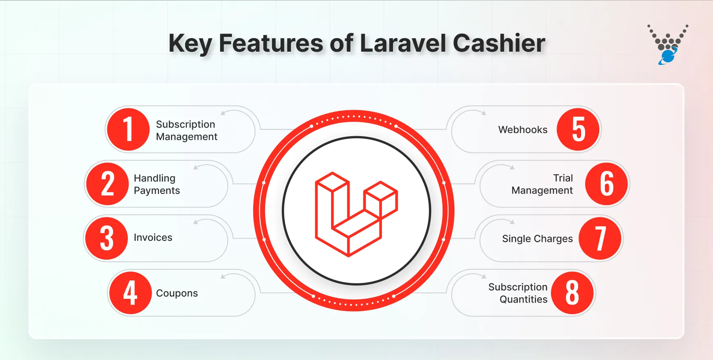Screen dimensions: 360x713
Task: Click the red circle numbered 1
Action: click(128, 130)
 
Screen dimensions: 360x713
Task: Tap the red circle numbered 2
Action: click(107, 184)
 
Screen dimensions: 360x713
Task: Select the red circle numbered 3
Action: click(107, 238)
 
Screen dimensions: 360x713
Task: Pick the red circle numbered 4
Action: click(130, 293)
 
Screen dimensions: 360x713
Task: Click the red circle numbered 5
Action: click(578, 130)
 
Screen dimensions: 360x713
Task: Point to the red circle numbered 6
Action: click(606, 184)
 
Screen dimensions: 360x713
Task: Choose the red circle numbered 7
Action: click(600, 238)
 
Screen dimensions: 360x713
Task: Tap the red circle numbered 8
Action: click(572, 293)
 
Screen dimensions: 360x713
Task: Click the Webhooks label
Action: click(522, 130)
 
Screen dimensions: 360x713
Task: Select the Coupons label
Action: click(177, 293)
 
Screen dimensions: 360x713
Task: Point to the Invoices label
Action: click(153, 238)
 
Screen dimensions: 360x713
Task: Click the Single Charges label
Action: click(537, 239)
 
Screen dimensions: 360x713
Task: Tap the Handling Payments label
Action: click(157, 184)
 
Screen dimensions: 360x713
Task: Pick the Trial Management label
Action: click(542, 184)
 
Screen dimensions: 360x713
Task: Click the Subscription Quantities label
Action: click(518, 293)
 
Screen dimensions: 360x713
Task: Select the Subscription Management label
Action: click(186, 130)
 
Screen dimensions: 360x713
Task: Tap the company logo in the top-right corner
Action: click(668, 45)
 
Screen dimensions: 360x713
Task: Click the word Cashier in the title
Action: click(499, 43)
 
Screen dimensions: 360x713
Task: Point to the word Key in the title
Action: click(190, 43)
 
